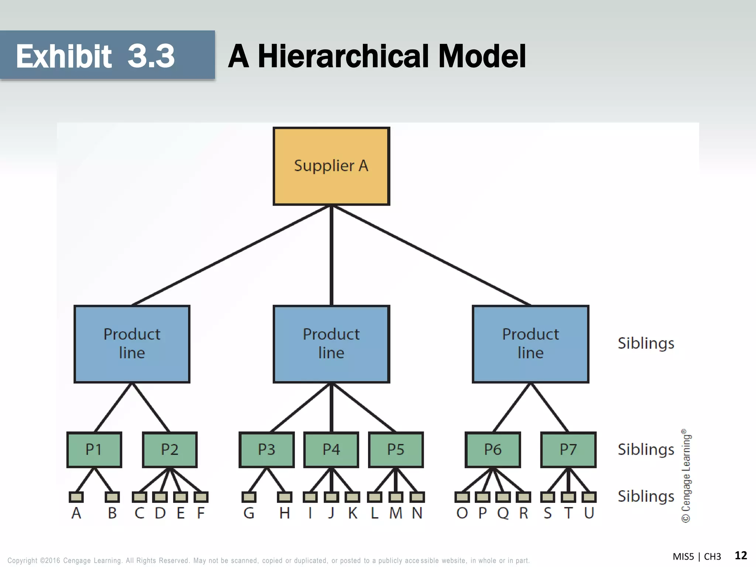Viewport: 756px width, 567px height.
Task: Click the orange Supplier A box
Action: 331,166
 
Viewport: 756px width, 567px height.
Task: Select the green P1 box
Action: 94,450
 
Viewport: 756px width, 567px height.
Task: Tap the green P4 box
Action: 331,450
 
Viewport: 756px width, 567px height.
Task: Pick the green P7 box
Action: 568,450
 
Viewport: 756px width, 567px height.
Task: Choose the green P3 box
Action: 267,450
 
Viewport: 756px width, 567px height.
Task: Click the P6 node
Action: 493,450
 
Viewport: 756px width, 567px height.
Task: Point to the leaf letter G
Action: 249,513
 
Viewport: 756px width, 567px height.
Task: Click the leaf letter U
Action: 589,513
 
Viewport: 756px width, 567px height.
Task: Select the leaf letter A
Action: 76,513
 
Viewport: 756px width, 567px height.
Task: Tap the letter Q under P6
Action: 503,513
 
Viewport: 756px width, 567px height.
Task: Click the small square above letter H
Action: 284,497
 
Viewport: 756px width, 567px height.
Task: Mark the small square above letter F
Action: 201,497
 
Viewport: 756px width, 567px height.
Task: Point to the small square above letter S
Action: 548,497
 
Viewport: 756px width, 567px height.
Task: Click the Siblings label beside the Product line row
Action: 646,343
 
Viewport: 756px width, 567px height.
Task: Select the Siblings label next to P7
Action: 646,450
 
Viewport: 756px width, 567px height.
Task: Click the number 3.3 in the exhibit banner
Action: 151,56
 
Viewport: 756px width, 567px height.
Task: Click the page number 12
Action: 740,555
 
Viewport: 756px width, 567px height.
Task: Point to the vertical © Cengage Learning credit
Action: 686,476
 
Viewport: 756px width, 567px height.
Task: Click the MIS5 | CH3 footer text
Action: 697,556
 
